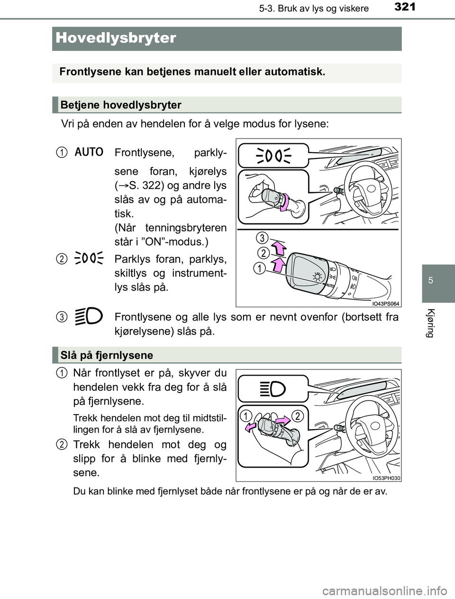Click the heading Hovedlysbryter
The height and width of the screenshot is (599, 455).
(x=116, y=38)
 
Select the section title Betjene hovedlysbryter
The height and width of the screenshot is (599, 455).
(x=121, y=105)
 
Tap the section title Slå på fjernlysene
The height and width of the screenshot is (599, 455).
(x=107, y=355)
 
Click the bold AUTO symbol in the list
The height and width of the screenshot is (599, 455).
(x=89, y=152)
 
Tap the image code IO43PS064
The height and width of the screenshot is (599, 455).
(x=385, y=304)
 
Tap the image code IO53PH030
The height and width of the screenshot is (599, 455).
(x=386, y=478)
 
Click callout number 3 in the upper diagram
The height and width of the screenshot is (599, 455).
(x=264, y=237)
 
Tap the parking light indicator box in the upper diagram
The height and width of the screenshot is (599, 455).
(x=273, y=155)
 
